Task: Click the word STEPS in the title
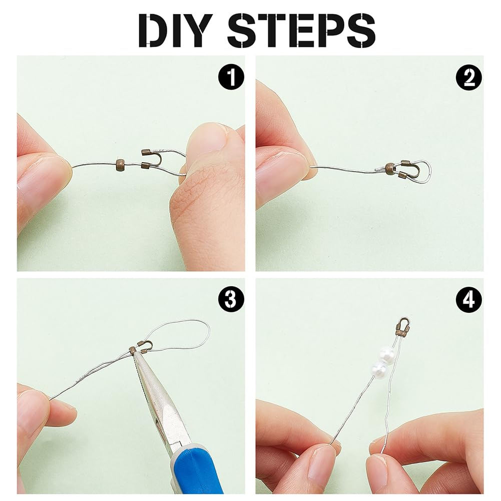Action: pyautogui.click(x=301, y=31)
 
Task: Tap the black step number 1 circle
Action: pyautogui.click(x=231, y=77)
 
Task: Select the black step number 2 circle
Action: pyautogui.click(x=469, y=77)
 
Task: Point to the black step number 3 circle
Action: pyautogui.click(x=231, y=300)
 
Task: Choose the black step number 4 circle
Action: pyautogui.click(x=469, y=300)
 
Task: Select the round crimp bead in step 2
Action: pyautogui.click(x=389, y=168)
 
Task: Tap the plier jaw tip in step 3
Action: pyautogui.click(x=135, y=353)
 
